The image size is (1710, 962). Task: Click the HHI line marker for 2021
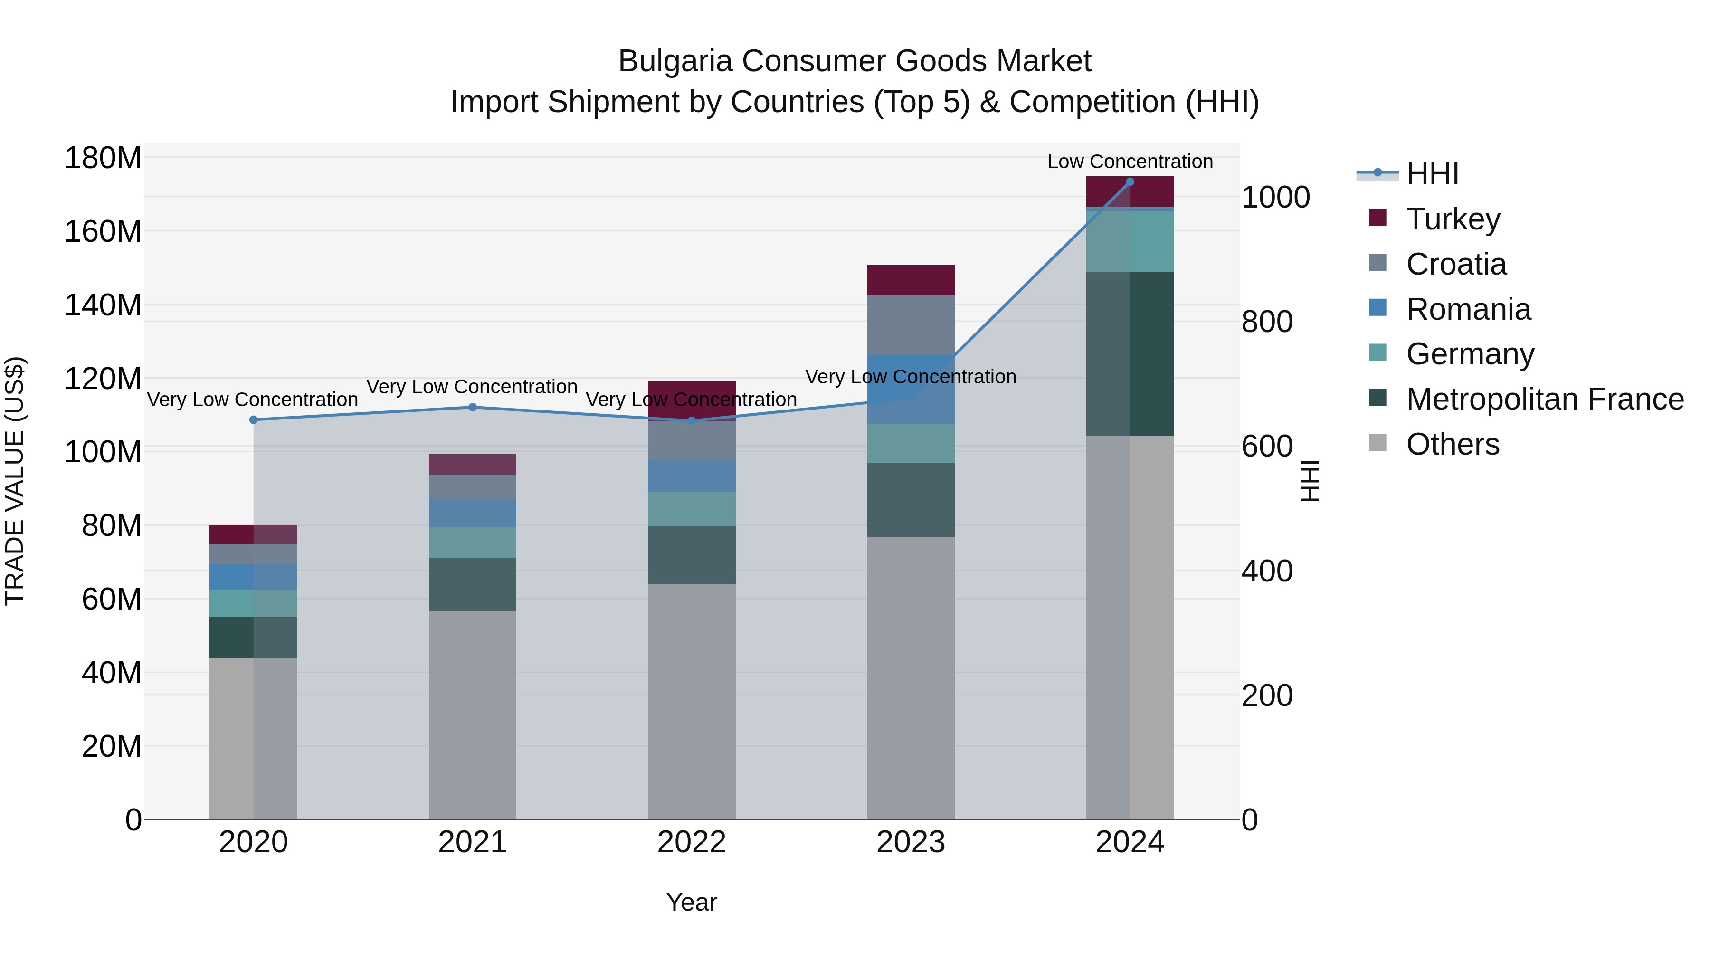[x=473, y=407]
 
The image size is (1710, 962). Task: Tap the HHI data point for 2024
[x=1130, y=182]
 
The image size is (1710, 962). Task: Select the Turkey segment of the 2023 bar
[x=910, y=279]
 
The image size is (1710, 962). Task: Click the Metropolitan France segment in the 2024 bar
[x=1130, y=353]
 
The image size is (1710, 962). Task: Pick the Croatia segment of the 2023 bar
[x=910, y=324]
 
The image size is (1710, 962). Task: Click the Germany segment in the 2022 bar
[x=691, y=508]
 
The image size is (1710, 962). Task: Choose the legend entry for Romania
[x=1468, y=309]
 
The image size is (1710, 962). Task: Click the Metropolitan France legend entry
[x=1544, y=399]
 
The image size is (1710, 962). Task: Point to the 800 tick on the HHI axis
[x=1266, y=322]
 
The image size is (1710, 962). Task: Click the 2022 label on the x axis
[x=691, y=842]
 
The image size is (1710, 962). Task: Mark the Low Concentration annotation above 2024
[x=1130, y=162]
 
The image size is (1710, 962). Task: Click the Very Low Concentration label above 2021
[x=472, y=386]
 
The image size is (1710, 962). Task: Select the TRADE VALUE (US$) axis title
[x=15, y=481]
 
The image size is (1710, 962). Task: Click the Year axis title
[x=691, y=902]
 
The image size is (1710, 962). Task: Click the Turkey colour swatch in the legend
[x=1378, y=218]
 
